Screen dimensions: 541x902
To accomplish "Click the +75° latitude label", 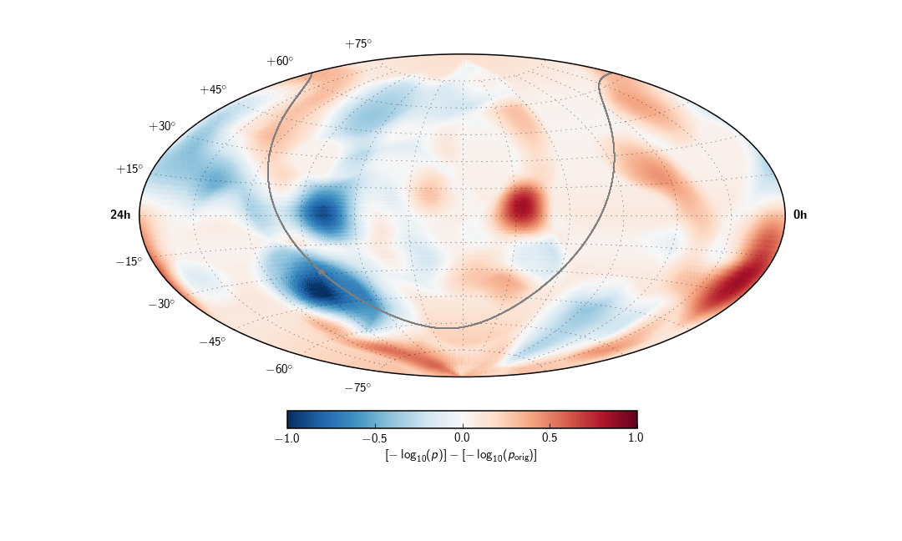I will [358, 43].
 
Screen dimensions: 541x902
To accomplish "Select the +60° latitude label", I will [280, 61].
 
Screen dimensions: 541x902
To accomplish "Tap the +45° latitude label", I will [213, 89].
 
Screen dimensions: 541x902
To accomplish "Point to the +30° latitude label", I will [162, 126].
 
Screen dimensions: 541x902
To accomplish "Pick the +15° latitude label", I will [129, 169].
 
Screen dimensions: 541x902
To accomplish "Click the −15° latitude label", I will [129, 261].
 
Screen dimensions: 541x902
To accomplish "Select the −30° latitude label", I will [161, 304].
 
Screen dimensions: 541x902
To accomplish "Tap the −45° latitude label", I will [212, 341].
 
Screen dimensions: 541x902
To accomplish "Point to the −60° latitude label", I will [279, 369].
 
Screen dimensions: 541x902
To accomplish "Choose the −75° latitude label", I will [357, 387].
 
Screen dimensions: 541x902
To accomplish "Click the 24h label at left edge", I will [120, 215].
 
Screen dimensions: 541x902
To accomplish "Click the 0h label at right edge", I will [800, 215].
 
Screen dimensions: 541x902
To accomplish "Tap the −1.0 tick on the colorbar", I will [287, 437].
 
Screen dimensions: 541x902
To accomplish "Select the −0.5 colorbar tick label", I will [375, 437].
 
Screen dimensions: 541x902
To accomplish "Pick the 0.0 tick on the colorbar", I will [462, 437].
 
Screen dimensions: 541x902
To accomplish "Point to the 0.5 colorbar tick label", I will [550, 437].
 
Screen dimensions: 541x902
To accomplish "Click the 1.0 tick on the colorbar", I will [636, 437].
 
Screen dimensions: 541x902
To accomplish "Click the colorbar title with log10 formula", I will [461, 456].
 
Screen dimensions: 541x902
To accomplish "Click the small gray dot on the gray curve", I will [322, 271].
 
